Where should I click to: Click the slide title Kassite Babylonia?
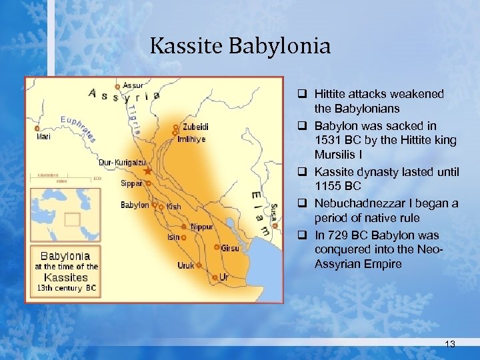click(240, 46)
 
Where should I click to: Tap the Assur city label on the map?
click(133, 85)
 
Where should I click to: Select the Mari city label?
click(42, 137)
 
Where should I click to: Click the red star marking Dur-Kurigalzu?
click(147, 172)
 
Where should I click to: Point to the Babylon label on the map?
click(134, 205)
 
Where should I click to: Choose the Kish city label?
click(174, 207)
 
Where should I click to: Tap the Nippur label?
click(203, 227)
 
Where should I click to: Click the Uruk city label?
click(186, 265)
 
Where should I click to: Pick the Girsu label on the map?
click(230, 247)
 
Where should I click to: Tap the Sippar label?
click(131, 183)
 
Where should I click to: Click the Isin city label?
click(173, 237)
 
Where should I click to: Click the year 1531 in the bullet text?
click(329, 140)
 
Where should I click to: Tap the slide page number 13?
click(450, 344)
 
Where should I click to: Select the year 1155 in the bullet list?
click(329, 186)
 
